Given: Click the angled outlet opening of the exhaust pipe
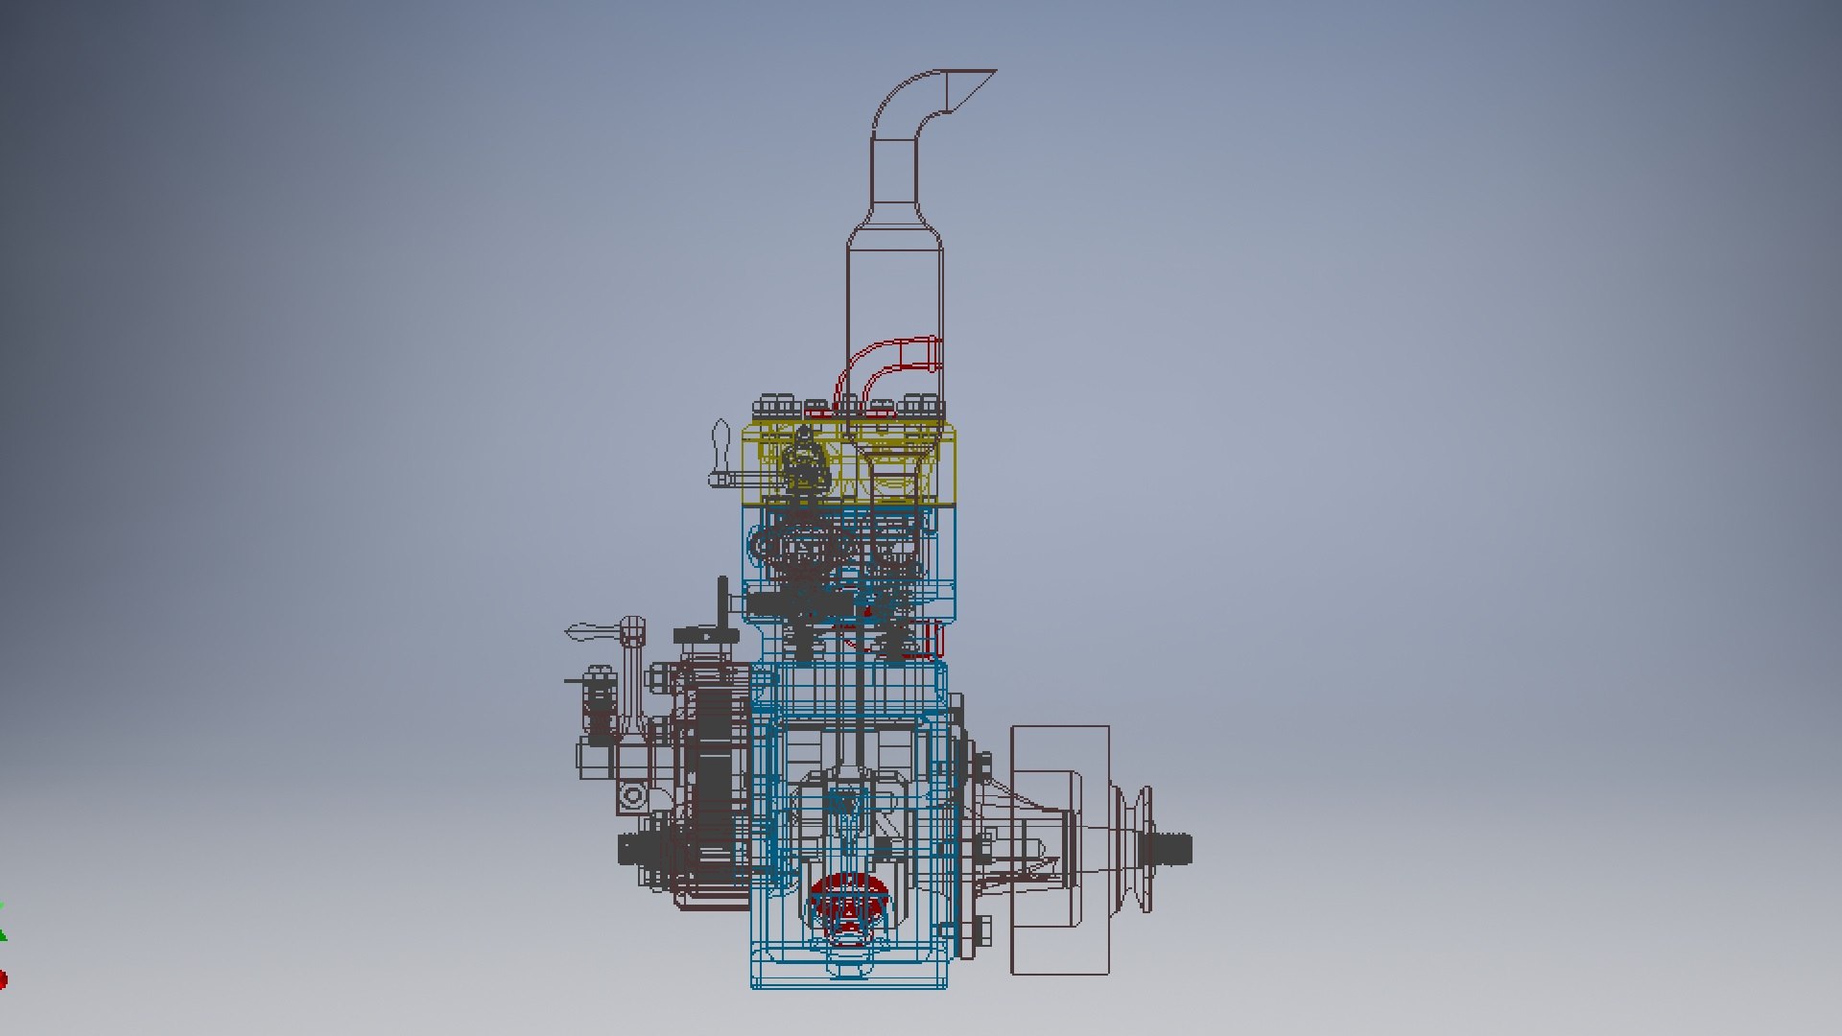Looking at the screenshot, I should tap(969, 86).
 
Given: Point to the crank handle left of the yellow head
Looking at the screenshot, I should tap(721, 456).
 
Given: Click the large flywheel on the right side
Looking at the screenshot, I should tap(1060, 850).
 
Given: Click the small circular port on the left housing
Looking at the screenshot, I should tap(633, 795).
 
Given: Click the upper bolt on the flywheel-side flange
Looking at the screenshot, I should tap(982, 765).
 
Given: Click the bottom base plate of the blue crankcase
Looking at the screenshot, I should tap(849, 980).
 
